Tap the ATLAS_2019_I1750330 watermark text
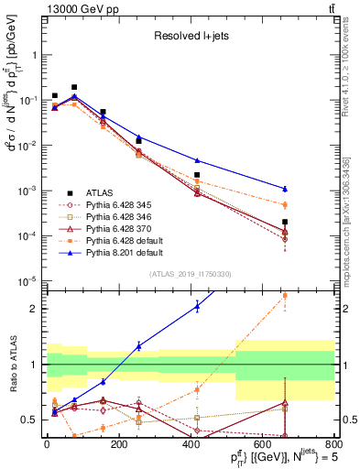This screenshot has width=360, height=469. [x=190, y=274]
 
